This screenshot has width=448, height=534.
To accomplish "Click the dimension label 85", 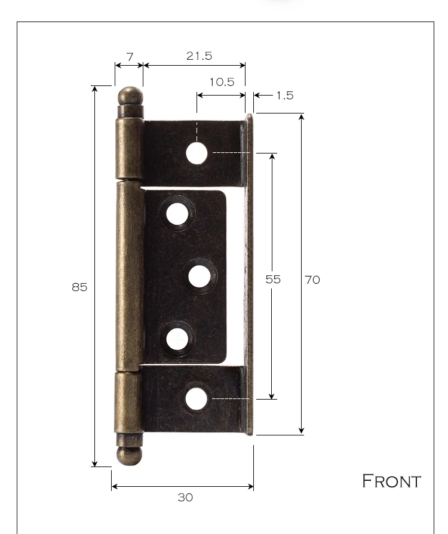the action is [79, 287].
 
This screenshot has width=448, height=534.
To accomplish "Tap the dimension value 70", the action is [312, 280].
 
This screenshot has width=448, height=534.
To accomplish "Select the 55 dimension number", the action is [273, 280].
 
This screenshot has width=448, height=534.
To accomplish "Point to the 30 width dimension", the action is [185, 498].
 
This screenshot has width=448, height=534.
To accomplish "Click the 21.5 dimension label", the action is [200, 56].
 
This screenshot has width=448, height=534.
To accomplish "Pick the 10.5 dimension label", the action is [222, 82].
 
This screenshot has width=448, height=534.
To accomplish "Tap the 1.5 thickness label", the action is [285, 96].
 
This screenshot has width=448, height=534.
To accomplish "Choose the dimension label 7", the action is [130, 57].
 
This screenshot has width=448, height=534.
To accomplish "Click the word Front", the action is [391, 481].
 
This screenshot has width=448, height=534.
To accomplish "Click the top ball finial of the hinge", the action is [130, 96].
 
